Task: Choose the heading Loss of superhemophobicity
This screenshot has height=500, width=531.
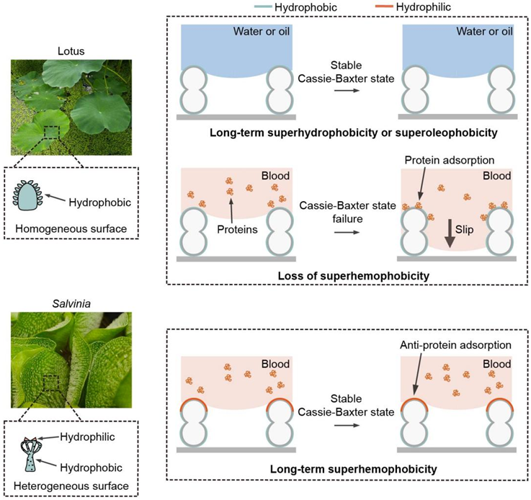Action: click(339, 275)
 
